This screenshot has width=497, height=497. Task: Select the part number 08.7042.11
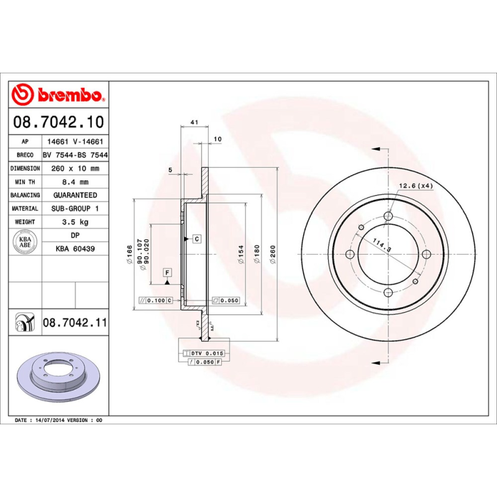[75, 323]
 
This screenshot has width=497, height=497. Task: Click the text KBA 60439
[75, 248]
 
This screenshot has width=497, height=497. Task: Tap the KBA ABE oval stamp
[25, 242]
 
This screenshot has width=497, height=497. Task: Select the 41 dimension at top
[194, 122]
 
